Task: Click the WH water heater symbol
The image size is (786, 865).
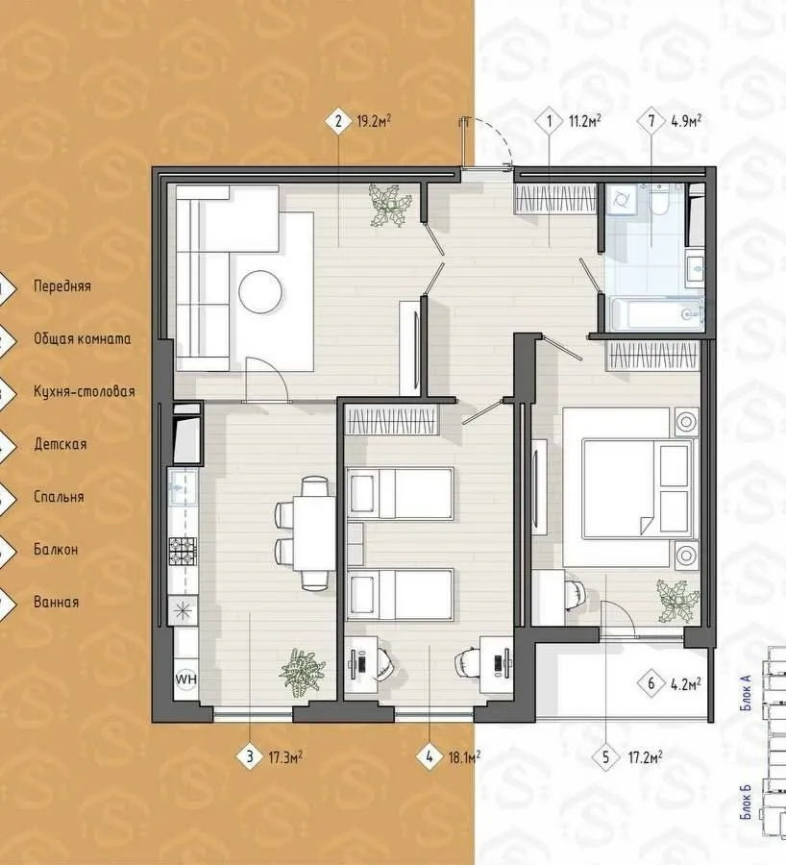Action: (185, 679)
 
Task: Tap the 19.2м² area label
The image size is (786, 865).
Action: (374, 121)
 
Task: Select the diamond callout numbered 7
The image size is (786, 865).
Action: (651, 120)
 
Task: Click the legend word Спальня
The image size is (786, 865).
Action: (59, 497)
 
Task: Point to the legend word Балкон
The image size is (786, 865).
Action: (56, 550)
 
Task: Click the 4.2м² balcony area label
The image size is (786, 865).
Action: (686, 684)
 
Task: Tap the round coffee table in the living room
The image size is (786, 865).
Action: (261, 290)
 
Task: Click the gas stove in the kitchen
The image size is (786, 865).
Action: (182, 551)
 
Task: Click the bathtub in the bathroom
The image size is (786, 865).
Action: (656, 314)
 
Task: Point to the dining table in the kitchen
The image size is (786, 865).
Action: (314, 532)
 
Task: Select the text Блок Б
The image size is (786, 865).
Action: (748, 803)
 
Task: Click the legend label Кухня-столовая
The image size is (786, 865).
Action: (85, 392)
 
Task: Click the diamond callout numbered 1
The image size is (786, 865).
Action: (549, 120)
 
